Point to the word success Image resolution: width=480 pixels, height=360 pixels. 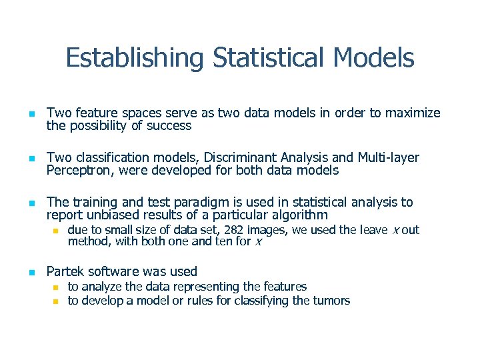click(x=169, y=125)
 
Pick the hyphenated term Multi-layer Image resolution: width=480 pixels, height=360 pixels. click(x=389, y=158)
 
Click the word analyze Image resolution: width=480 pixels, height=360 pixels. click(x=101, y=287)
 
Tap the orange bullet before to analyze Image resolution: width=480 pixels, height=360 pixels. click(x=57, y=287)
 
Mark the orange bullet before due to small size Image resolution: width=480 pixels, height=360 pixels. click(x=57, y=231)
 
